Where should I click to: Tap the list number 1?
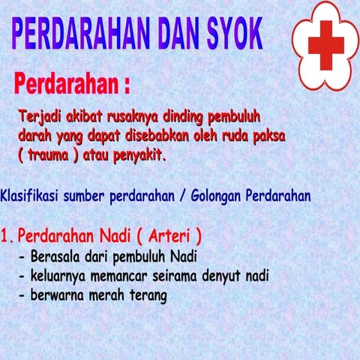(7, 237)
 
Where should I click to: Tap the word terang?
(145, 295)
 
